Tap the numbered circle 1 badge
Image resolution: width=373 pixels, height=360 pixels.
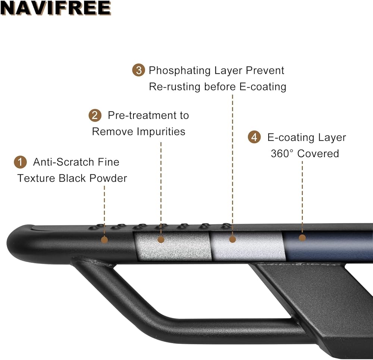pos(21,162)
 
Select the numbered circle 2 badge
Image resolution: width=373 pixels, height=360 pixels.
pos(95,116)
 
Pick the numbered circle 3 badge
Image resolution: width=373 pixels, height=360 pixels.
pos(138,71)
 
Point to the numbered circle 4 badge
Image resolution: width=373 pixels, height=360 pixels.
pos(254,137)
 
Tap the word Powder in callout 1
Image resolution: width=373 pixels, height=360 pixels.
pos(108,178)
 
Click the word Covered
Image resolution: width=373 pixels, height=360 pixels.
pos(318,154)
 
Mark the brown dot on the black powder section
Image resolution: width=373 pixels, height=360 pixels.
pos(104,240)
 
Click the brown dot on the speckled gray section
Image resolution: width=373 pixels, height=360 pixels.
pos(161,239)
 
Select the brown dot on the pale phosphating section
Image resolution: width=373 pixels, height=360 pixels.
pos(232,239)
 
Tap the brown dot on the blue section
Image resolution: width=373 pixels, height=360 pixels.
pos(302,238)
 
